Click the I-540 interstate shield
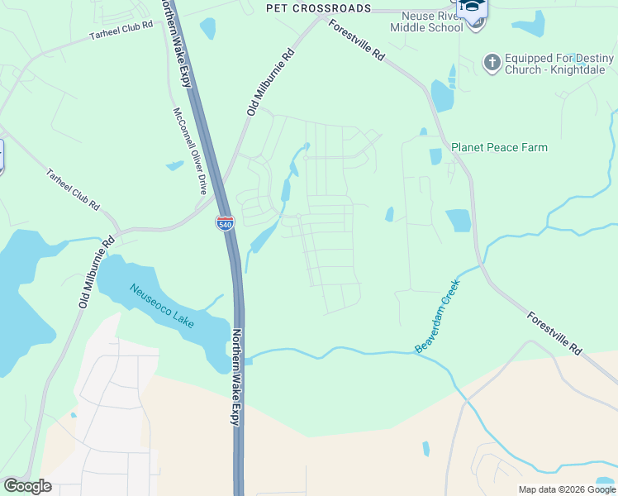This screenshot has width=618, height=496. pyautogui.click(x=225, y=222)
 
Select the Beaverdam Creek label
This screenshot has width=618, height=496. pyautogui.click(x=437, y=317)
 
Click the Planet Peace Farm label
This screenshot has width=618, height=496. pyautogui.click(x=499, y=148)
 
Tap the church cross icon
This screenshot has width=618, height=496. pyautogui.click(x=492, y=62)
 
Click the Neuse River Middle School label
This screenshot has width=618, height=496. pyautogui.click(x=431, y=21)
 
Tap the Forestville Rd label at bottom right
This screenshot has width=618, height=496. pyautogui.click(x=554, y=334)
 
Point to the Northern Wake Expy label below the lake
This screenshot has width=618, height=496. pyautogui.click(x=236, y=379)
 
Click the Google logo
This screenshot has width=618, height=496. pyautogui.click(x=27, y=486)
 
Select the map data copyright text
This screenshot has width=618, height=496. pyautogui.click(x=566, y=489)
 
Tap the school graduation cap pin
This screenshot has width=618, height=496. pyautogui.click(x=474, y=7)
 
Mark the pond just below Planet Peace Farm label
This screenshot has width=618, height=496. pyautogui.click(x=435, y=156)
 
